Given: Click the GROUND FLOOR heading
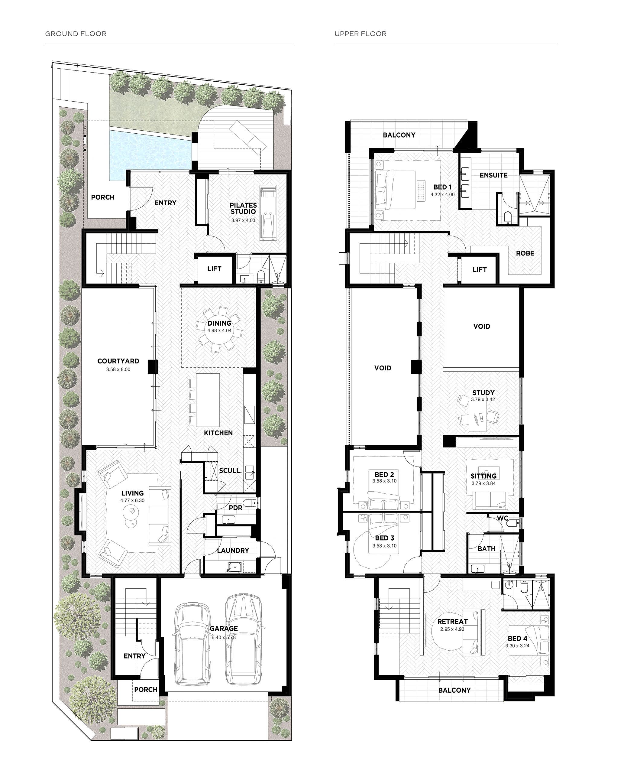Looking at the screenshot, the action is pos(76,34).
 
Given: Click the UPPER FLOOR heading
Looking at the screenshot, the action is pos(360,34).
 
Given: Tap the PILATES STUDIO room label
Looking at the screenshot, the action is pos(243,208).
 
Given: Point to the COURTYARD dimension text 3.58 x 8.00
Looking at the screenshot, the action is pos(118,369).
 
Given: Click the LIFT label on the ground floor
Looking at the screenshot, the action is pos(214,269).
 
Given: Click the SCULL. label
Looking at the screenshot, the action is pos(230,470).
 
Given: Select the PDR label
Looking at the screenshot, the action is pos(235,508).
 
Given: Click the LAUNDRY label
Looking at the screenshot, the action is pos(233,550).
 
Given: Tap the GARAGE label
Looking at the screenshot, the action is pos(224,628).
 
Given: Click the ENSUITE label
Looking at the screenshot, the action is pos(493,175).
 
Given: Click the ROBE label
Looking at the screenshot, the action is pos(525,253).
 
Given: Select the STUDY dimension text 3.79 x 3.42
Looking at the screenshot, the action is pos(483,399).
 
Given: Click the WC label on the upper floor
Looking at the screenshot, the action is pos(503,518).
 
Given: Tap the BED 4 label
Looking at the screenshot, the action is pos(517,639).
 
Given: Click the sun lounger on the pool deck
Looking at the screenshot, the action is pos(248,137).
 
